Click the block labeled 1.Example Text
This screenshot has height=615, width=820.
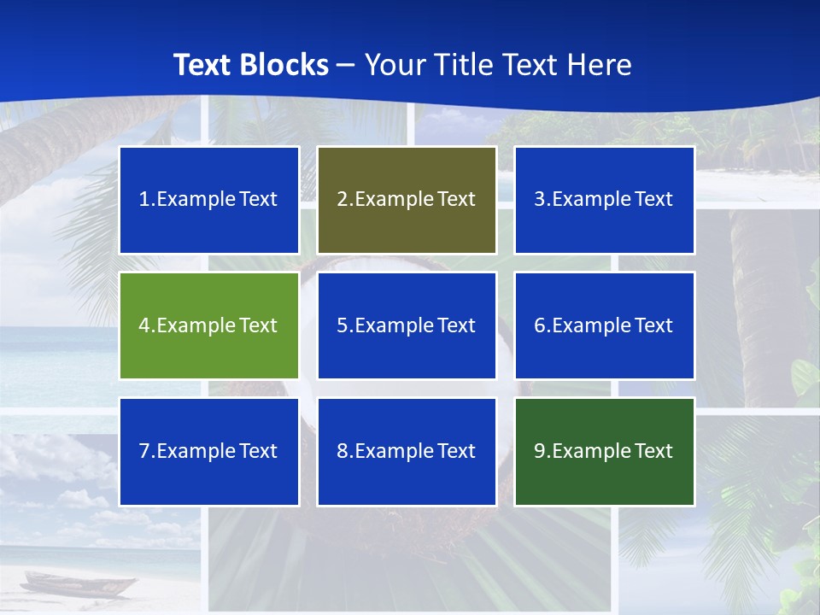pos(208,200)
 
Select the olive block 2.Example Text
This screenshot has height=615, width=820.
pos(407,200)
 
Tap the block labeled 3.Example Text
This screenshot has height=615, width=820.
pos(604,200)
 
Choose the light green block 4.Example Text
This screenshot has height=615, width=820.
pos(208,325)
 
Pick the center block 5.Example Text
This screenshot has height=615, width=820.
pos(407,325)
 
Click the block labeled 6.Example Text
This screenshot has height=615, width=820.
pos(604,325)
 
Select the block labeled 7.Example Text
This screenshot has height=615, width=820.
pos(208,451)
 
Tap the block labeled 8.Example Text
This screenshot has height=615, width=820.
pos(407,451)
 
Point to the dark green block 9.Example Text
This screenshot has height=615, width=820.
pos(604,451)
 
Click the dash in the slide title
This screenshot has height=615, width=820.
pos(347,65)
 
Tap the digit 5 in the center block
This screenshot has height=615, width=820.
pos(342,325)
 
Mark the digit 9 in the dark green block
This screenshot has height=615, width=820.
pos(540,451)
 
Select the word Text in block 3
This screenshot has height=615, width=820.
pos(654,200)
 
